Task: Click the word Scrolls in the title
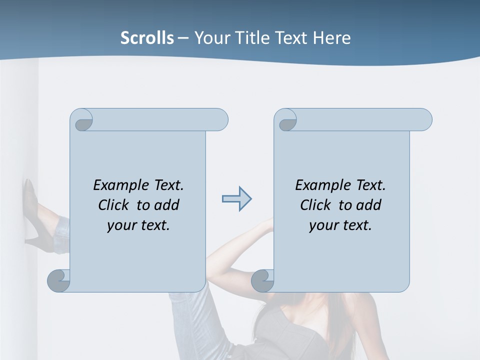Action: (x=147, y=38)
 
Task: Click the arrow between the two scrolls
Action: (x=236, y=199)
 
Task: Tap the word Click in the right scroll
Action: (x=315, y=205)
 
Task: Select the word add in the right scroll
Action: (x=369, y=205)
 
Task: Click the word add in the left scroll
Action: (x=167, y=205)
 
